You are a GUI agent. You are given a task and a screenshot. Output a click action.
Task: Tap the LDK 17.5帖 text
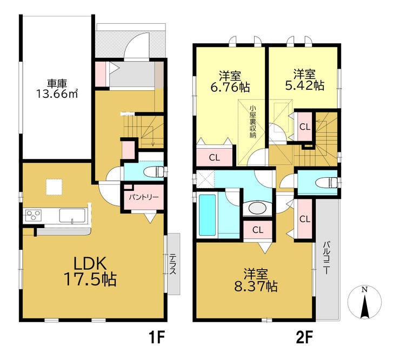pyautogui.click(x=90, y=271)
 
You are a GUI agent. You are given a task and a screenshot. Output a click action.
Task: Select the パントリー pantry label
pyautogui.click(x=144, y=197)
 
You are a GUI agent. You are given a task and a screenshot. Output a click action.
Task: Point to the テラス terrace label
pyautogui.click(x=174, y=264)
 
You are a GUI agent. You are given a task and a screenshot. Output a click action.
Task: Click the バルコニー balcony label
pyautogui.click(x=327, y=258)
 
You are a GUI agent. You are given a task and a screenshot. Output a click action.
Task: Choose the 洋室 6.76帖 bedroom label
pyautogui.click(x=230, y=81)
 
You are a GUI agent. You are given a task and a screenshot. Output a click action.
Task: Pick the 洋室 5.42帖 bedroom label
pyautogui.click(x=304, y=79)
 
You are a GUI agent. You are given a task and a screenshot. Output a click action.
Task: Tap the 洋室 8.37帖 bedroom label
pyautogui.click(x=256, y=281)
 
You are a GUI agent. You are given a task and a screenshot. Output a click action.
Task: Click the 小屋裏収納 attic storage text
pyautogui.click(x=252, y=122)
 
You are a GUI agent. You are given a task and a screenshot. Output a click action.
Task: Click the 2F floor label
pyautogui.click(x=304, y=338)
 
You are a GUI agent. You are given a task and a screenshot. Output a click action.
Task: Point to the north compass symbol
pyautogui.click(x=365, y=303)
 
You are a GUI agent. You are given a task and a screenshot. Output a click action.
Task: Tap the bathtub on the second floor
pyautogui.click(x=208, y=215)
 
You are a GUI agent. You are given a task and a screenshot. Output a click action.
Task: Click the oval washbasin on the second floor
pyautogui.click(x=257, y=208)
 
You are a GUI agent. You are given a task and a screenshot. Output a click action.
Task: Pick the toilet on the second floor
pyautogui.click(x=326, y=183)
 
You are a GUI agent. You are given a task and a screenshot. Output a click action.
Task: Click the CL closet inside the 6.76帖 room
pyautogui.click(x=214, y=156)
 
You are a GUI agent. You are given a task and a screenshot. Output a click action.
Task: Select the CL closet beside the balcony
pyautogui.click(x=305, y=219)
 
